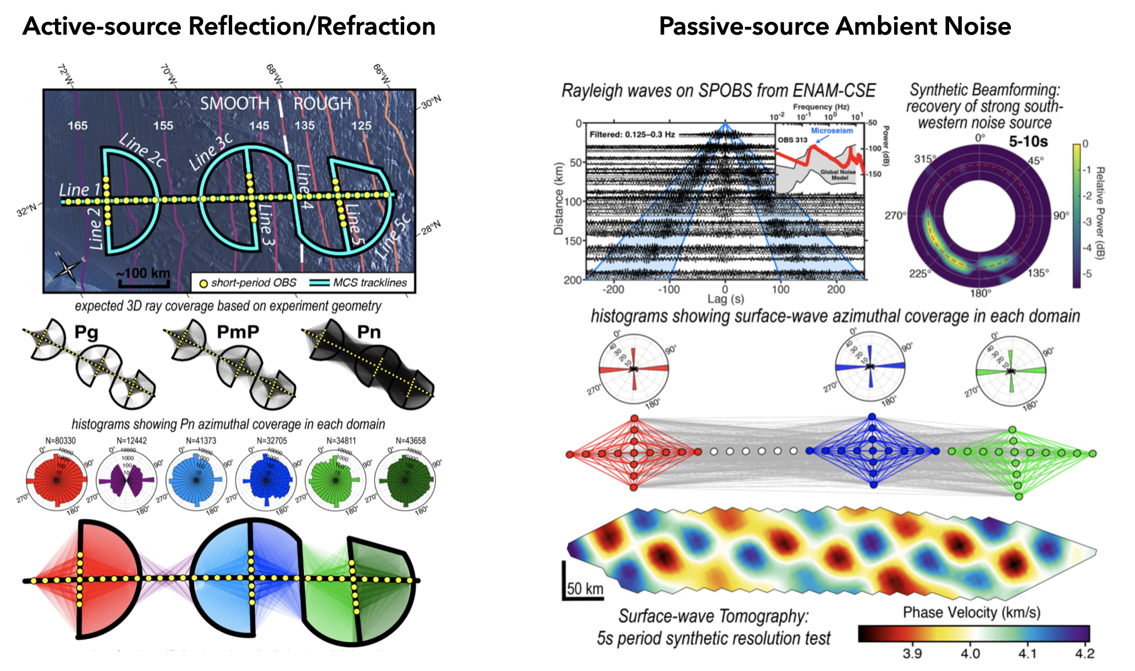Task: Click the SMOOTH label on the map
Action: tap(234, 103)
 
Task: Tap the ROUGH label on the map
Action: tap(322, 103)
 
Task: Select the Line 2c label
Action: tap(142, 150)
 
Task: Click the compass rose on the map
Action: tap(68, 269)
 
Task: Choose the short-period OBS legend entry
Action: tap(247, 283)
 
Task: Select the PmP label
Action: tap(238, 332)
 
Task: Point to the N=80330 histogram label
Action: tap(60, 441)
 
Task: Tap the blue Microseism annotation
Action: tap(831, 131)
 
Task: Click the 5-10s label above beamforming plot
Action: tap(1028, 141)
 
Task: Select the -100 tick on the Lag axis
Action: tap(669, 289)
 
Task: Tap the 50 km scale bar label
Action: tap(585, 588)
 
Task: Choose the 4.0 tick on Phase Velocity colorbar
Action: tap(970, 653)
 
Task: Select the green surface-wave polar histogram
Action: tap(1011, 371)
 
